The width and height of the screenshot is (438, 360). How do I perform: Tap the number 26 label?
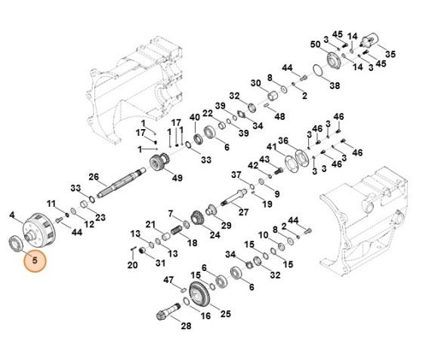coord(94,177)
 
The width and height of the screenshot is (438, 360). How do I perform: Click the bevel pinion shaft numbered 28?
coord(168,309)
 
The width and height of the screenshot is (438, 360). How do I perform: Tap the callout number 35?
coord(390,54)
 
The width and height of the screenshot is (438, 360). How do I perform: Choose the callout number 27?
coord(243,212)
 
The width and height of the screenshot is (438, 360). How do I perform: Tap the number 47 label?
coord(169,280)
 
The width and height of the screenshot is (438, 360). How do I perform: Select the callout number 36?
coord(283,140)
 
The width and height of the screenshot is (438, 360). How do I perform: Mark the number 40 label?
coord(195,117)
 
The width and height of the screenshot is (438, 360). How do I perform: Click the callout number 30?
coord(256,82)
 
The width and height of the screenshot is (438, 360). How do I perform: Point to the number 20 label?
coord(132,265)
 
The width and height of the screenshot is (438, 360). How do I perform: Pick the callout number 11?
coord(51,204)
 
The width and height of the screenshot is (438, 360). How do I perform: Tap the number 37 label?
coord(236,175)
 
